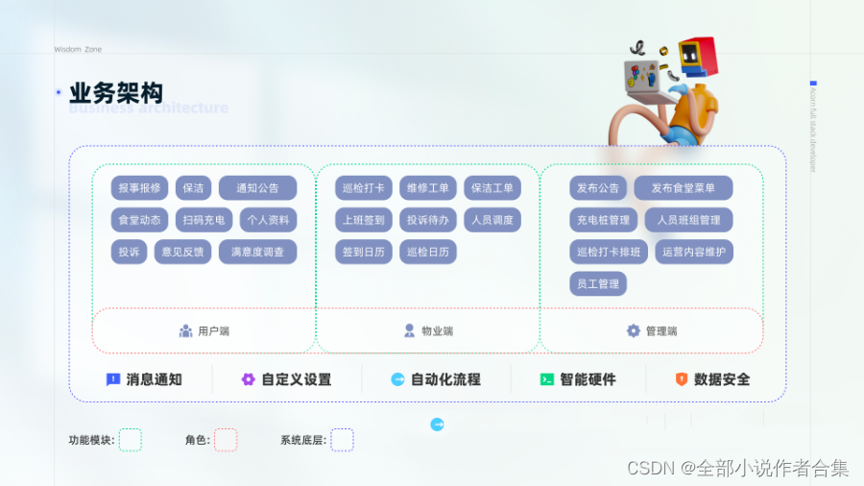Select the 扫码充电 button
pos(204,220)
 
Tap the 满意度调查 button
pos(257,252)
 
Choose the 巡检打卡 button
pos(364,188)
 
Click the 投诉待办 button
pos(427,220)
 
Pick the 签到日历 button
pos(364,252)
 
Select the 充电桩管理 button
pos(603,220)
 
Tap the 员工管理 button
pos(597,283)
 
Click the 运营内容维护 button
pos(694,252)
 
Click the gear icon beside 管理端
pos(634,330)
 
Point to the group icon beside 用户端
pos(186,330)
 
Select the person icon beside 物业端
pos(410,330)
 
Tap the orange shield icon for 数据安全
pos(682,379)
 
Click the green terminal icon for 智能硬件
pos(547,379)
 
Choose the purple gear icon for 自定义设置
pos(249,379)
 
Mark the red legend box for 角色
pos(226,440)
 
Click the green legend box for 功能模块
pos(131,440)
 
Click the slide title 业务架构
pos(116,93)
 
